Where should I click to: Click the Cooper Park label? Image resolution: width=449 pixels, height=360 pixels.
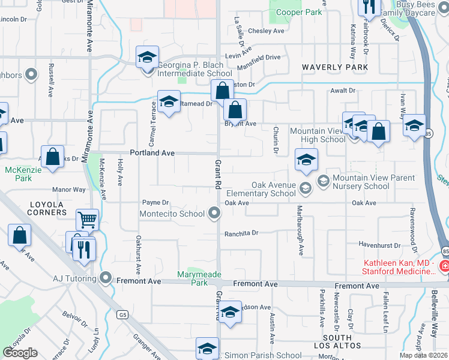(x=298, y=11)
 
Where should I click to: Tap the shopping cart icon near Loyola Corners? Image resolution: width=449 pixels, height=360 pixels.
(x=88, y=220)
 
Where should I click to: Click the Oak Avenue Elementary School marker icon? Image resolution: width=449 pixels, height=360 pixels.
(x=306, y=190)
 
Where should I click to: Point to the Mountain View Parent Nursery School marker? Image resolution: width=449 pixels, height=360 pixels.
(x=324, y=180)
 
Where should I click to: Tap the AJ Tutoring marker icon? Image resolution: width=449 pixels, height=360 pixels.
(x=106, y=278)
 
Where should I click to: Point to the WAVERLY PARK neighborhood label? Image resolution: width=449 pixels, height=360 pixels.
(x=334, y=67)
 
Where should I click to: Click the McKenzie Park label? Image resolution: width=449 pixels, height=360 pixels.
(x=18, y=174)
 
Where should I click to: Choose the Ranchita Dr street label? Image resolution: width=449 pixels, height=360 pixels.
(x=241, y=233)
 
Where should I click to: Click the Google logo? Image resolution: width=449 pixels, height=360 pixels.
(x=20, y=353)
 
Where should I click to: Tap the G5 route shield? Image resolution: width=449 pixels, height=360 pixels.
(x=124, y=314)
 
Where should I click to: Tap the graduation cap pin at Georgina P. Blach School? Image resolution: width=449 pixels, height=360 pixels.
(x=146, y=58)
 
